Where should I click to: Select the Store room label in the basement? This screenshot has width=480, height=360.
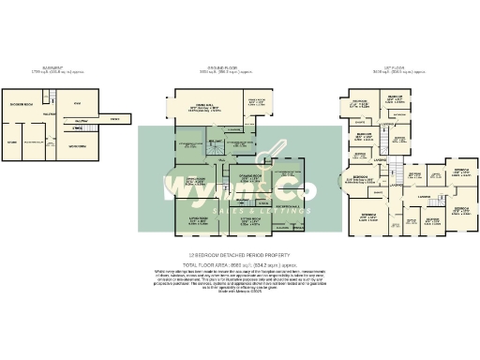pyautogui.click(x=11, y=142)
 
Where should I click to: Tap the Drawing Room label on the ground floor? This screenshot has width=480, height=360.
pyautogui.click(x=248, y=178)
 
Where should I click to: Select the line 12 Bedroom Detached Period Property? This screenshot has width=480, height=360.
pyautogui.click(x=239, y=256)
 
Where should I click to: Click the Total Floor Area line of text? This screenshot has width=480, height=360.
pyautogui.click(x=240, y=263)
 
